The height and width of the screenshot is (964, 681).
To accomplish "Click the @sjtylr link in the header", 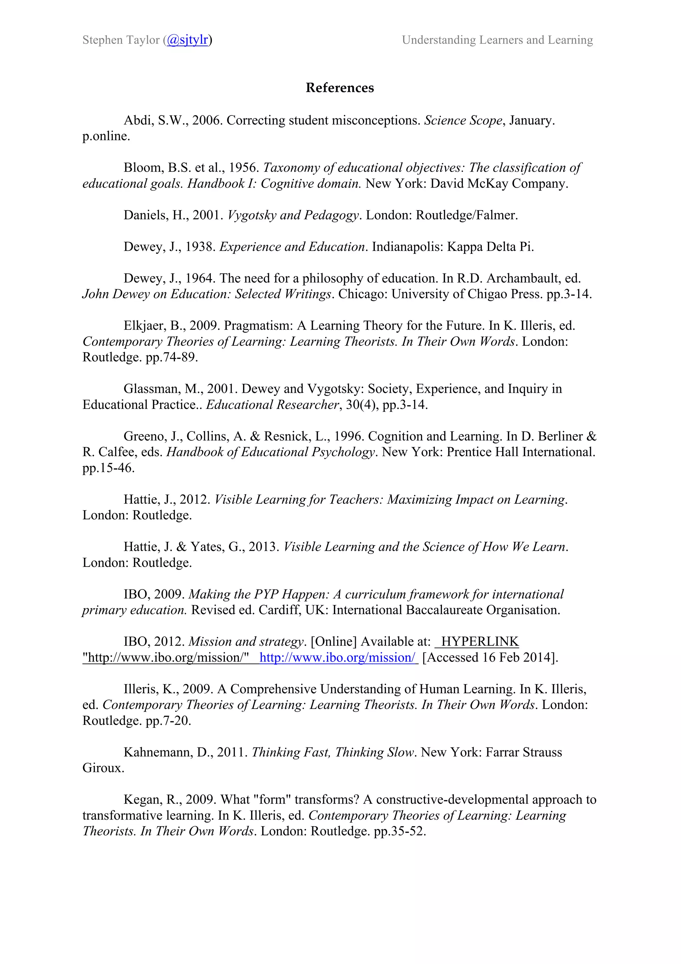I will (187, 40).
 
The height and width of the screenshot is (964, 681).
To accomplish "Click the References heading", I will (340, 88).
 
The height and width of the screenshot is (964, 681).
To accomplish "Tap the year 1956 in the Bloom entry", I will (243, 168).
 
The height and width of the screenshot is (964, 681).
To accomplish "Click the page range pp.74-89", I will (171, 357).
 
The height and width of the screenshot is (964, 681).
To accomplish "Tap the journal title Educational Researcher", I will (272, 405).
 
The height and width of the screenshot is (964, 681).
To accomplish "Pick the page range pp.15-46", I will (108, 468).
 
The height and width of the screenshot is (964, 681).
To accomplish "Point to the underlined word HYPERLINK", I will (479, 642).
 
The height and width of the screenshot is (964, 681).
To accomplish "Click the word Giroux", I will (103, 768).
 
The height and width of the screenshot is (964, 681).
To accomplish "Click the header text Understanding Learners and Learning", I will (497, 40).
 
